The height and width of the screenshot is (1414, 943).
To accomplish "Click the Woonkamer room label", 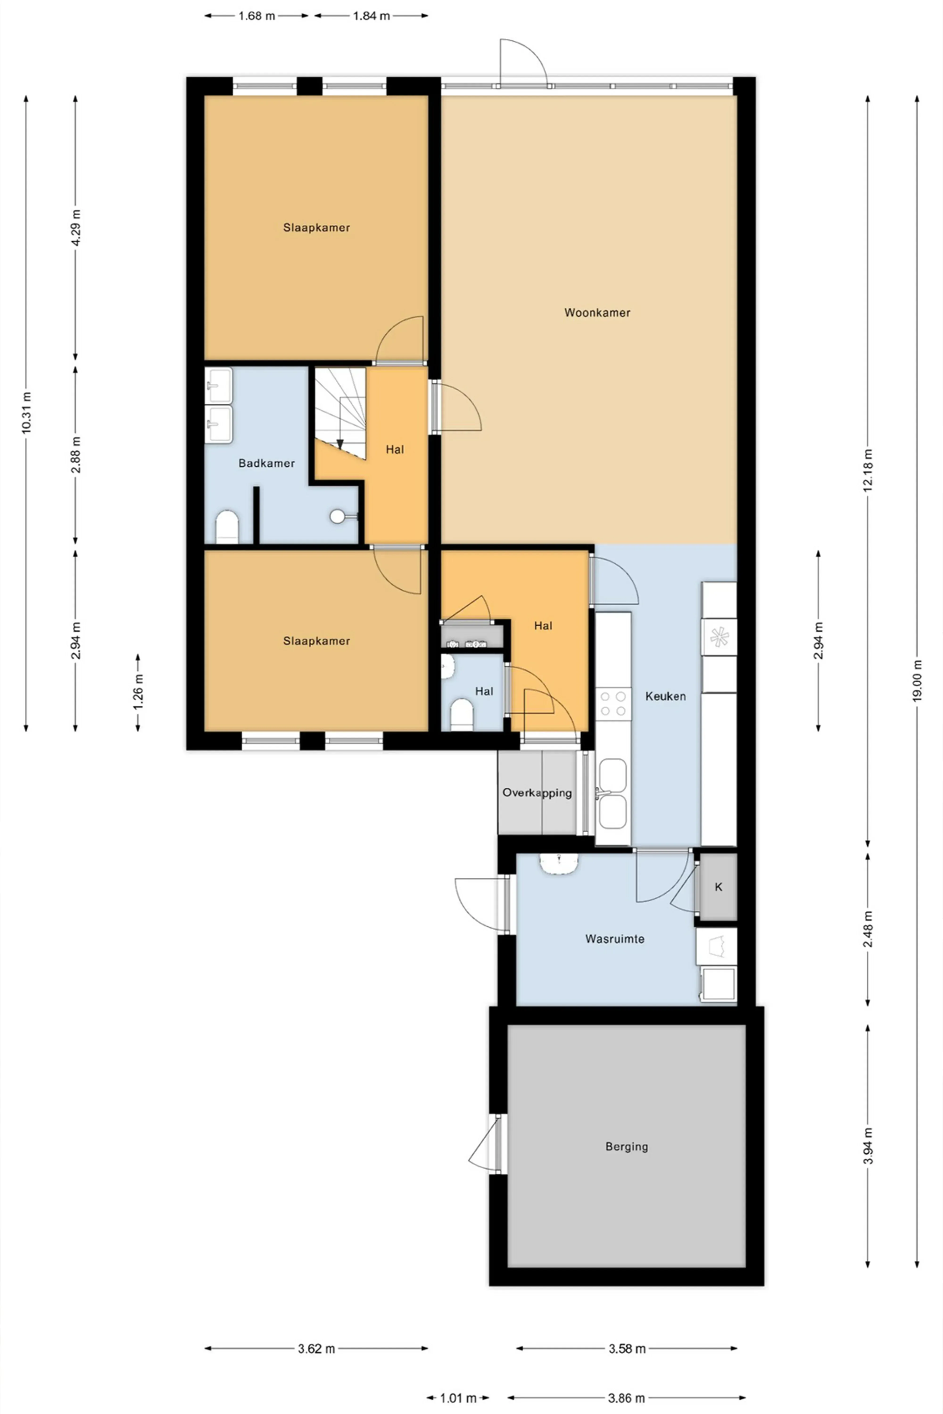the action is pos(597,313).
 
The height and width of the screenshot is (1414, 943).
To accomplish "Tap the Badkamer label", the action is pos(266,463).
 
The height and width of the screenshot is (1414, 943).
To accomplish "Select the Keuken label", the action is pos(665,696).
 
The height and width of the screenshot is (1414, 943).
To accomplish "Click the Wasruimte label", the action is pos(615,938).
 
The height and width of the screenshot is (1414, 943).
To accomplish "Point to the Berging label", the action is pos(627,1147).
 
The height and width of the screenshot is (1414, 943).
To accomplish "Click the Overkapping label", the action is pos(537,792).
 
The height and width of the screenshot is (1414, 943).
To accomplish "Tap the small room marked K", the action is pos(718,887).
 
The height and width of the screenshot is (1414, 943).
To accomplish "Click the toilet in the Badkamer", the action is pos(227,527).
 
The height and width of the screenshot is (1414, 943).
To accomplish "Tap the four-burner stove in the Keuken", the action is pos(613,704).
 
